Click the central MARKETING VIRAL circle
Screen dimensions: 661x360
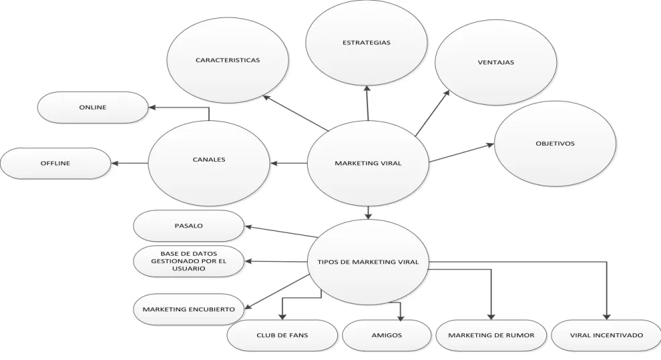click(x=368, y=163)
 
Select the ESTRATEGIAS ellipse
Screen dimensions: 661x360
click(x=366, y=42)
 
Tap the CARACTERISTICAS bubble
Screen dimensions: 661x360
click(x=228, y=60)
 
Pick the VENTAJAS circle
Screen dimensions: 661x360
click(x=496, y=62)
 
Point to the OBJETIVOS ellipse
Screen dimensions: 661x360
click(x=555, y=143)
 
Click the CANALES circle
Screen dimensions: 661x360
click(x=209, y=163)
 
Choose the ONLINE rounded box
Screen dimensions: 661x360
click(x=93, y=107)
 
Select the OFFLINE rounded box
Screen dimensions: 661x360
click(x=55, y=163)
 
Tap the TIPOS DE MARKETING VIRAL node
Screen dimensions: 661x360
click(x=368, y=262)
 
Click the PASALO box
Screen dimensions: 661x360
click(x=189, y=226)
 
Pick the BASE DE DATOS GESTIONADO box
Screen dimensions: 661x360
click(x=189, y=261)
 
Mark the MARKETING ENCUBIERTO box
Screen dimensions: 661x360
click(x=189, y=310)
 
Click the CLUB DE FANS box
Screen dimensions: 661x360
click(x=282, y=336)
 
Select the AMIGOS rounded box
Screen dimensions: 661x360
click(x=386, y=336)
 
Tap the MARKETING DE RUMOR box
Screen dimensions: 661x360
click(x=491, y=336)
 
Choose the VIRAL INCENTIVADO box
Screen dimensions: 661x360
click(x=606, y=336)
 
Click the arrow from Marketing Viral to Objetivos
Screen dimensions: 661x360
click(x=461, y=153)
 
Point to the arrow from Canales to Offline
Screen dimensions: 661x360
click(x=130, y=163)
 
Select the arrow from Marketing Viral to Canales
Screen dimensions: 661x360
click(x=289, y=163)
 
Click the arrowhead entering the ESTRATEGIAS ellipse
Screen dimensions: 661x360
click(x=367, y=89)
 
